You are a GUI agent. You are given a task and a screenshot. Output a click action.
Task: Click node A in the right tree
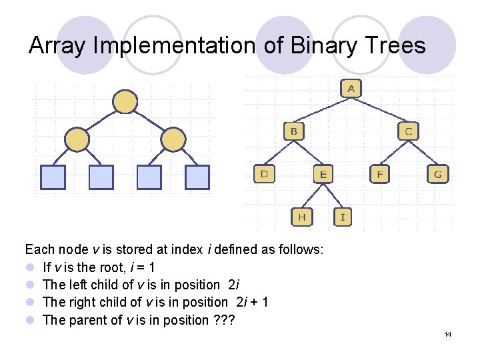point(351,88)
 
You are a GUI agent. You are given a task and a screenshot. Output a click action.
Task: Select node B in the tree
point(294,131)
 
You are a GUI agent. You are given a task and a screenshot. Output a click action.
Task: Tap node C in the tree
point(409,131)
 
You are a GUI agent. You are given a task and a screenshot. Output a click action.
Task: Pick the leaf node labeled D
point(265,174)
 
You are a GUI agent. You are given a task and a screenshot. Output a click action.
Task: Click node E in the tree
point(323,174)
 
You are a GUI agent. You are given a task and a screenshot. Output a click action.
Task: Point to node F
point(380,174)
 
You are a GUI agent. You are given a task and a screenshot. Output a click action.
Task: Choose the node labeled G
point(438,174)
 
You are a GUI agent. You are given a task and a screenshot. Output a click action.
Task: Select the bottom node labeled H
point(302,217)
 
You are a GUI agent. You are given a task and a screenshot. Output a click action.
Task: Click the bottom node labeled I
point(343,217)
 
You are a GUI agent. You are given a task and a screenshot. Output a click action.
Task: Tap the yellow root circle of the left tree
point(125,102)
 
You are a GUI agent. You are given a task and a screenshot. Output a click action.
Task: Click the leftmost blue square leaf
point(53,177)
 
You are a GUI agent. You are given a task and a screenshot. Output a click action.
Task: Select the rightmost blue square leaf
point(197,177)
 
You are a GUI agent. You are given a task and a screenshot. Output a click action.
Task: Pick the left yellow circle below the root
point(77,139)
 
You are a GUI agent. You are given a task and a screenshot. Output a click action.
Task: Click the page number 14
point(447,333)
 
